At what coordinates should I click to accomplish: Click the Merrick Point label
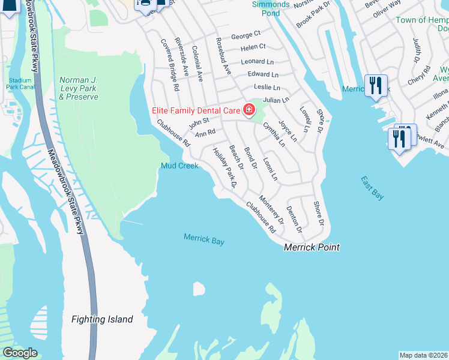pyautogui.click(x=312, y=247)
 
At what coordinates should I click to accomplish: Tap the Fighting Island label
pyautogui.click(x=102, y=319)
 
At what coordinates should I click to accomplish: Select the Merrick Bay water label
pyautogui.click(x=204, y=240)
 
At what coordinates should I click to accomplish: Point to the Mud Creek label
pyautogui.click(x=179, y=166)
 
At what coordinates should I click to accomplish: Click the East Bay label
pyautogui.click(x=372, y=188)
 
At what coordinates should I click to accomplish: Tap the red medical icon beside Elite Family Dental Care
pyautogui.click(x=248, y=109)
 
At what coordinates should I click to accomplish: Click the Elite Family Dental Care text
pyautogui.click(x=194, y=109)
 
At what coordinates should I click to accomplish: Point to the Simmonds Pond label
pyautogui.click(x=271, y=8)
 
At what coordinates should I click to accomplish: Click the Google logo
pyautogui.click(x=20, y=353)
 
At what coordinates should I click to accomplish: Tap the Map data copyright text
pyautogui.click(x=424, y=355)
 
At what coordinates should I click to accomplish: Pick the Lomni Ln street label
pyautogui.click(x=271, y=169)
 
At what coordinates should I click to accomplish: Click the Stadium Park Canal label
pyautogui.click(x=20, y=83)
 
